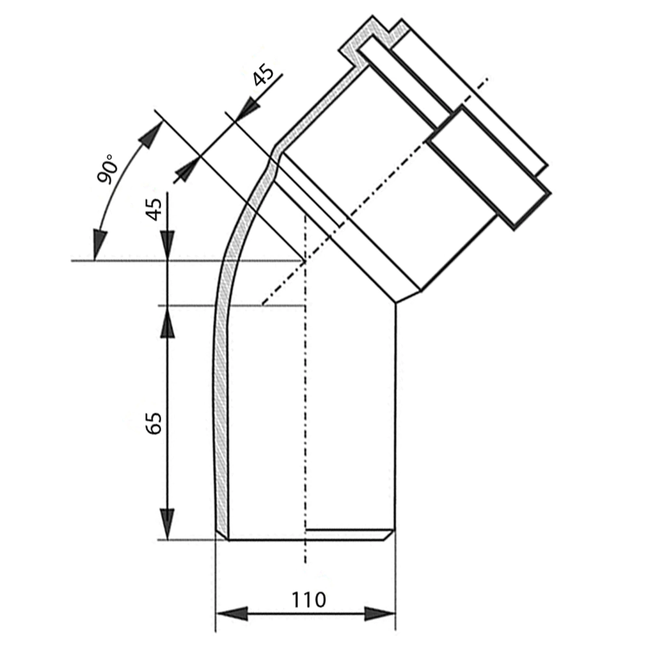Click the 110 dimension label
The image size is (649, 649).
[309, 600]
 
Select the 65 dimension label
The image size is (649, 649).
[154, 423]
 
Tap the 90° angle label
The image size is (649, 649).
[107, 169]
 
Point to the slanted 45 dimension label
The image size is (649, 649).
[263, 75]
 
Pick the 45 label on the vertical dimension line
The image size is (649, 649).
[154, 210]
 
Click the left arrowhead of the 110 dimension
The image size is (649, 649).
[232, 613]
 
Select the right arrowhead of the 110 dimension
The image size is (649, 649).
[380, 613]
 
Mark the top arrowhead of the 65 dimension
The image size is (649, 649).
[167, 322]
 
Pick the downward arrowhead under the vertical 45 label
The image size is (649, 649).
[167, 245]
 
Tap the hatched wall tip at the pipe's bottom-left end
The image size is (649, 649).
[222, 535]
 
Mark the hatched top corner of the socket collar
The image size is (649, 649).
[372, 18]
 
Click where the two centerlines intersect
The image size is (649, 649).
[305, 262]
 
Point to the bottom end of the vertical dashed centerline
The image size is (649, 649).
[305, 563]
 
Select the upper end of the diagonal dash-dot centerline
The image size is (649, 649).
[489, 78]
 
